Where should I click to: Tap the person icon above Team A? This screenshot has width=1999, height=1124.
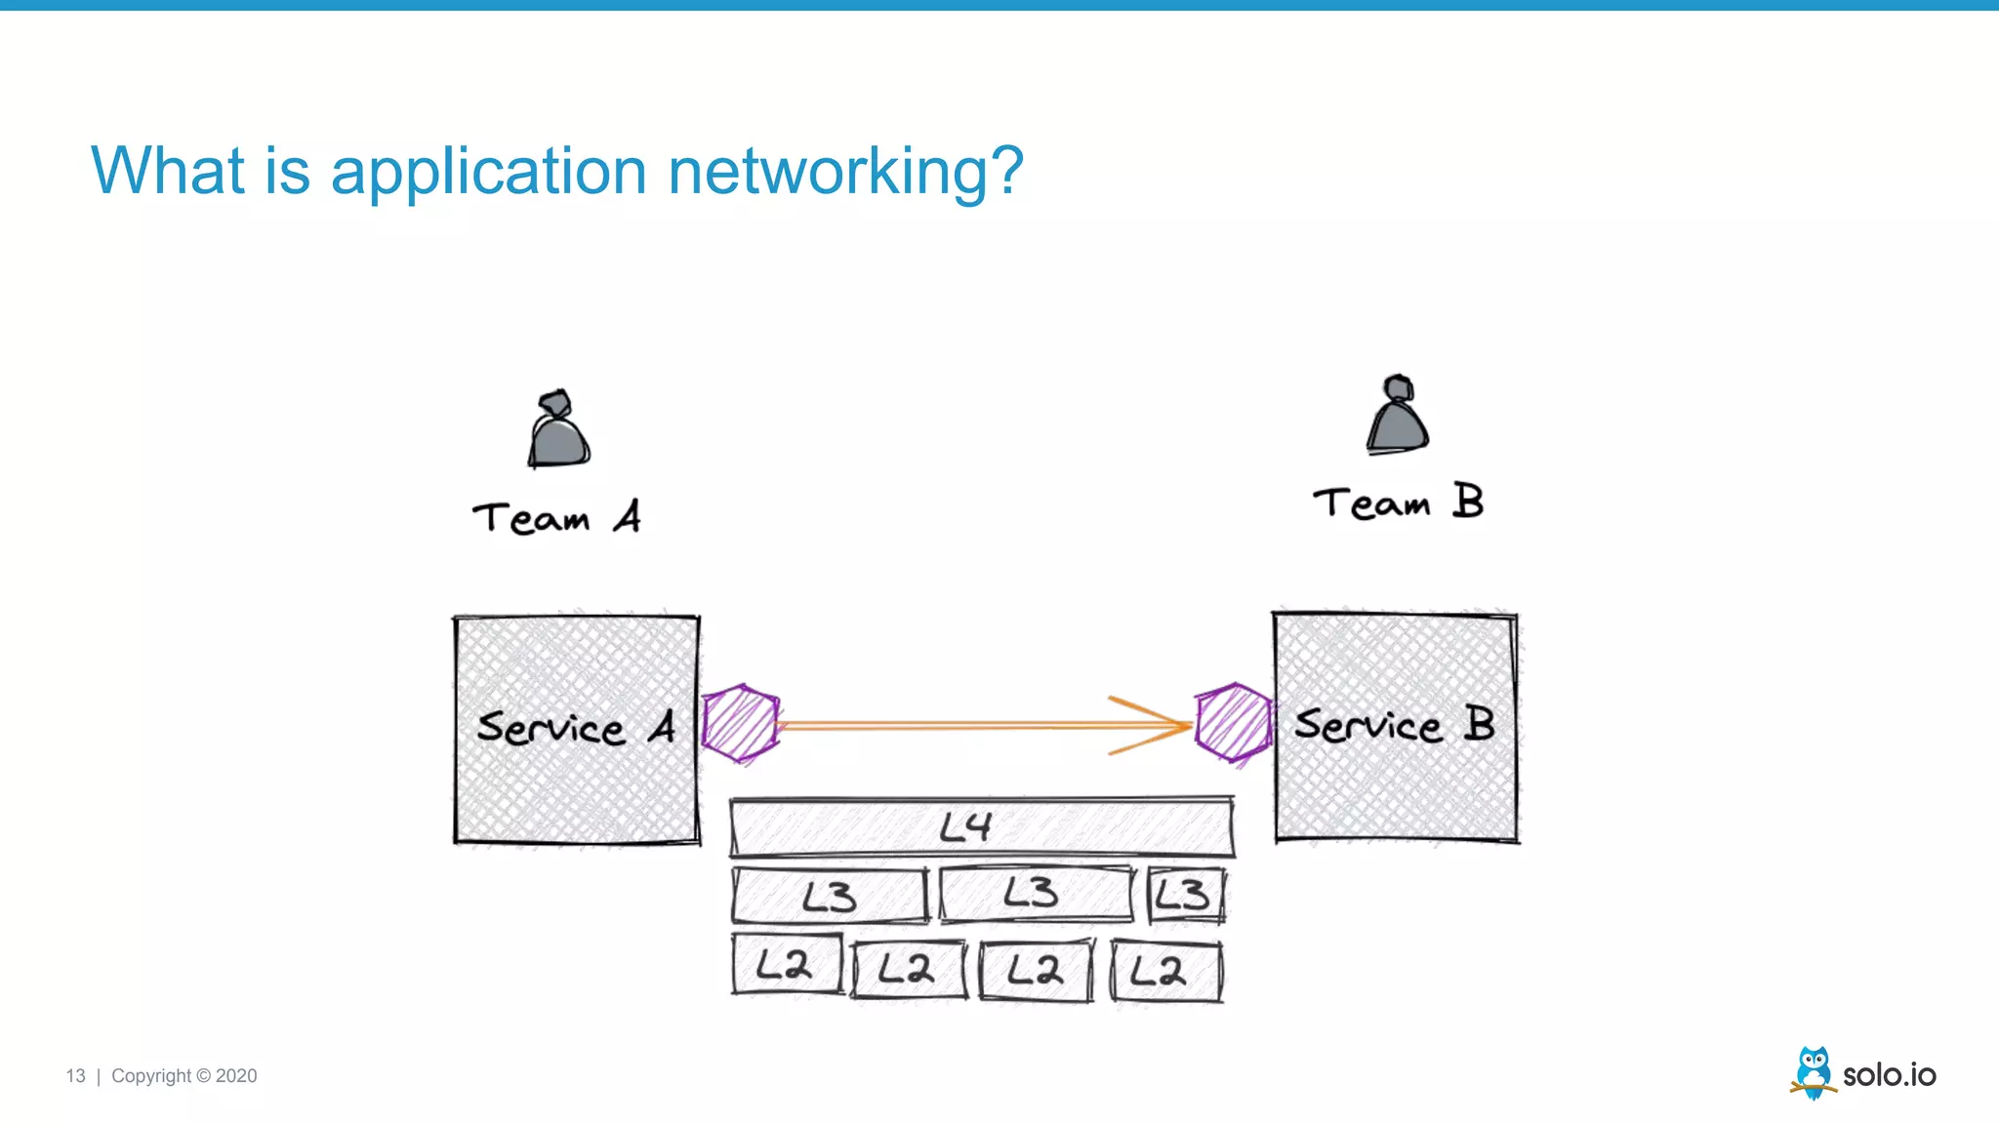point(558,431)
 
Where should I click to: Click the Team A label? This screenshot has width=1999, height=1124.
point(556,517)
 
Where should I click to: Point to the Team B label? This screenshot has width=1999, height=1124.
point(1398,502)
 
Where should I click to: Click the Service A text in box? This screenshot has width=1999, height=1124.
point(576,728)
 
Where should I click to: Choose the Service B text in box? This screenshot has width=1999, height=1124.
point(1394,725)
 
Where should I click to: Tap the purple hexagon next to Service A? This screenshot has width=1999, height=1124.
point(741,723)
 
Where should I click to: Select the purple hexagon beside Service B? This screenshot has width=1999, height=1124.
point(1235,722)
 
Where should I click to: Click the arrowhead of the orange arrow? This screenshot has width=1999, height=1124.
point(1162,725)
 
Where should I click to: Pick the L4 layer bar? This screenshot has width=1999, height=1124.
point(982,827)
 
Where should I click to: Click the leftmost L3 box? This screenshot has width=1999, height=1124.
point(830,896)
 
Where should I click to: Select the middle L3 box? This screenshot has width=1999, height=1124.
point(1035,893)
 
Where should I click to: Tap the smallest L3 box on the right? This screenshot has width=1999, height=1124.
point(1185,895)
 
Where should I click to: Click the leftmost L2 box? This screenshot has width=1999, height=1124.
point(787,965)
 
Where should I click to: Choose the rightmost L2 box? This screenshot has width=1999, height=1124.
point(1165,971)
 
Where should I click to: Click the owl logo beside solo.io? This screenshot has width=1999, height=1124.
point(1814,1072)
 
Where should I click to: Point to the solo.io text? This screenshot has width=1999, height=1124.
point(1889,1075)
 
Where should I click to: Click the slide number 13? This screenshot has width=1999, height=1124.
point(75,1076)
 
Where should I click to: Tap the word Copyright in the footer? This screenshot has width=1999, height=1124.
point(151,1076)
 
